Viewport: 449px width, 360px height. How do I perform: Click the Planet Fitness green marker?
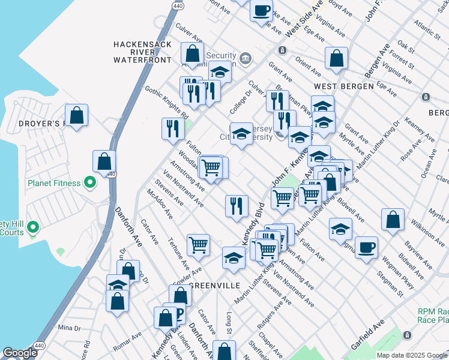pyautogui.click(x=90, y=182)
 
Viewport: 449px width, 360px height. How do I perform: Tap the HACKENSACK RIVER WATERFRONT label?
pyautogui.click(x=143, y=52)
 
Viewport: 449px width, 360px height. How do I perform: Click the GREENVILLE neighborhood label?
pyautogui.click(x=215, y=285)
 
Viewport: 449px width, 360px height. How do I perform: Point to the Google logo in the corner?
pyautogui.click(x=20, y=353)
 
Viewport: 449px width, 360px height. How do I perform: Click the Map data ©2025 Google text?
pyautogui.click(x=412, y=355)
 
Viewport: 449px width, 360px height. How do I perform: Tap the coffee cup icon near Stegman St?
pyautogui.click(x=366, y=247)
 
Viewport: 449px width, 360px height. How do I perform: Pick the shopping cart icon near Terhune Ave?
pyautogui.click(x=198, y=244)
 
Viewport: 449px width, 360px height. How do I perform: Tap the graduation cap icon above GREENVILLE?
pyautogui.click(x=234, y=258)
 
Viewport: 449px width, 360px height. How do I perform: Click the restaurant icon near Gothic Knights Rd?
pyautogui.click(x=172, y=128)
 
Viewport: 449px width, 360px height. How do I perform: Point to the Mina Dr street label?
pyautogui.click(x=69, y=328)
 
